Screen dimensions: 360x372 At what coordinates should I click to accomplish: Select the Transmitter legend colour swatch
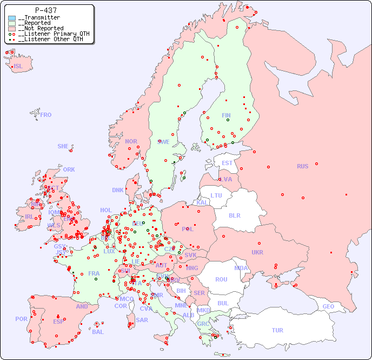[12, 18]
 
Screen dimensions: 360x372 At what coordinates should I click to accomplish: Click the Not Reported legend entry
[41, 28]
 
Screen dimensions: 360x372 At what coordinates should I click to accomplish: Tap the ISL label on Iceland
[18, 67]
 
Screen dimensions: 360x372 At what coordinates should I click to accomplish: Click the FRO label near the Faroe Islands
[46, 115]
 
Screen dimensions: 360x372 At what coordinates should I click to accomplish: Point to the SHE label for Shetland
[63, 146]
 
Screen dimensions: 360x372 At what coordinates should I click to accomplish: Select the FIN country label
[226, 115]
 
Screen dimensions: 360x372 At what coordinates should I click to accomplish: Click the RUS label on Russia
[302, 166]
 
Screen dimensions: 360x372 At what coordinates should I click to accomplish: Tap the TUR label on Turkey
[277, 330]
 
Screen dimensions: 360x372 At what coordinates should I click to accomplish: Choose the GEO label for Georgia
[328, 306]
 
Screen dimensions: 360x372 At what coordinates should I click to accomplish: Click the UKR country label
[257, 252]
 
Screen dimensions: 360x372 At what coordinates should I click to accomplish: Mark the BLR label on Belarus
[235, 215]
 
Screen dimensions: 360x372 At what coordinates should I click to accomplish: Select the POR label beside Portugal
[21, 319]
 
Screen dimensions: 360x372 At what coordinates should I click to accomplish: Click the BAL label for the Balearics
[98, 332]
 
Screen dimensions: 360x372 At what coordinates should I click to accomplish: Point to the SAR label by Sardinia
[142, 320]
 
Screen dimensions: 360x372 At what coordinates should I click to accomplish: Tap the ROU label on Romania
[221, 279]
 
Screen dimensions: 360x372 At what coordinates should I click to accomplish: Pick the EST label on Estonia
[227, 163]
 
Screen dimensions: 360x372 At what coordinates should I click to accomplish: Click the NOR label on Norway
[131, 141]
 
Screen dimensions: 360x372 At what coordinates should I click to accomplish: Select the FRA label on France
[94, 273]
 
